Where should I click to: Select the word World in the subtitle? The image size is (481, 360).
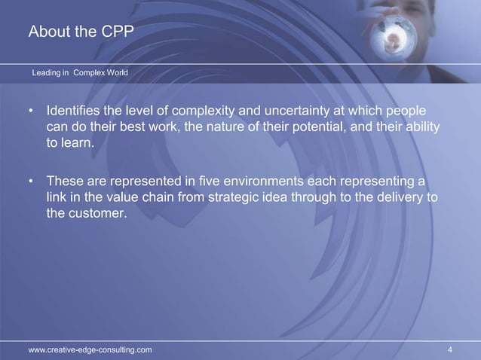(x=115, y=73)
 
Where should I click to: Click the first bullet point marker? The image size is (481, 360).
(x=31, y=111)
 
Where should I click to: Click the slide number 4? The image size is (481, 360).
(x=449, y=349)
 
